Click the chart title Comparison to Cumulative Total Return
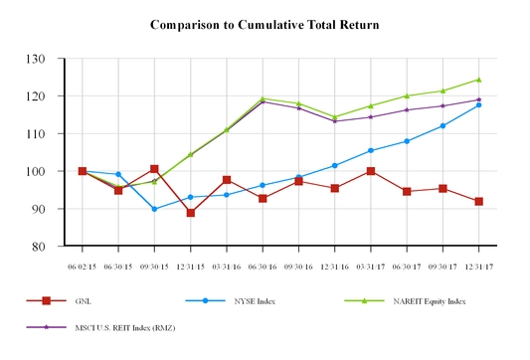click(265, 22)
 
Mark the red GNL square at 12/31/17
click(479, 201)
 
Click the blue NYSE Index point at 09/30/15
click(154, 209)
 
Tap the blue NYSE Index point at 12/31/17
click(479, 104)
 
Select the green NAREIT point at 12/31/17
click(479, 80)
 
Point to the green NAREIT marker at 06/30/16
click(263, 98)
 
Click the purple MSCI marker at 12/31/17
click(479, 99)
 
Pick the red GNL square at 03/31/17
click(371, 171)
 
